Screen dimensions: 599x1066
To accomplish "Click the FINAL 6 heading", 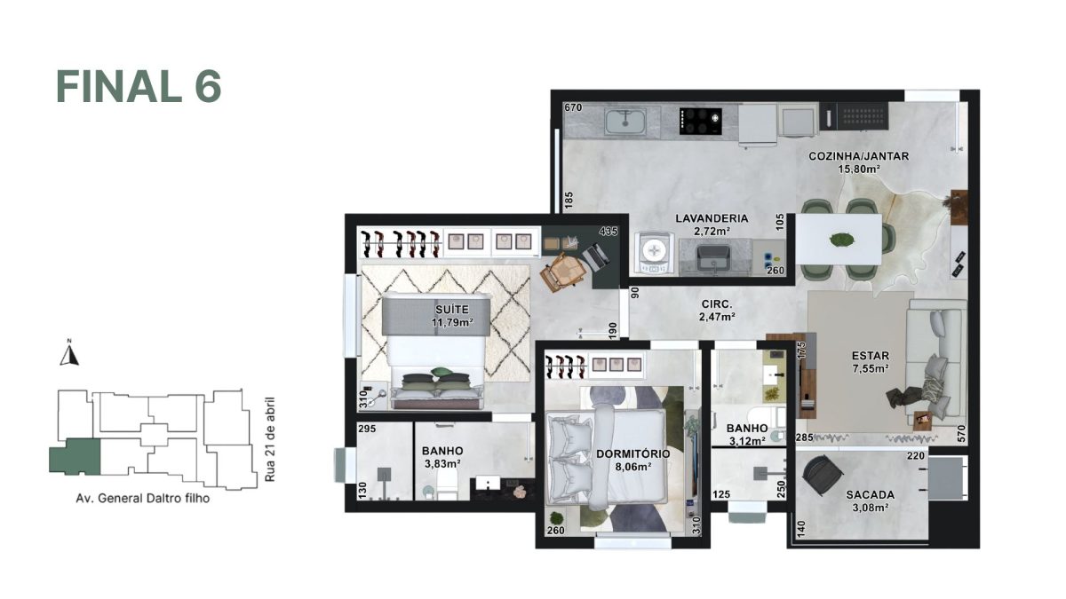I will click(x=139, y=86).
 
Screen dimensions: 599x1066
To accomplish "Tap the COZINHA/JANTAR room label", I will click(x=858, y=156).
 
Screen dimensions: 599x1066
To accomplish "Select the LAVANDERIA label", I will click(x=712, y=218).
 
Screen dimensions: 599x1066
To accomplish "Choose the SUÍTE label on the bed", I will click(x=451, y=310).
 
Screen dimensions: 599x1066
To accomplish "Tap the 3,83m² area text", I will click(x=442, y=463).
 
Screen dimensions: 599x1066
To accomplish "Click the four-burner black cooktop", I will click(x=698, y=121).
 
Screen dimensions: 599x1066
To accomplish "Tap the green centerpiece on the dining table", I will click(x=839, y=239).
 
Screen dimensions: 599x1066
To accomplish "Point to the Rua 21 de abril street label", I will click(x=270, y=440).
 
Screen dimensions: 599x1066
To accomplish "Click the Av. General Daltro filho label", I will click(x=142, y=498).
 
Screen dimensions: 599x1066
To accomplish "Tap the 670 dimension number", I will click(x=573, y=108).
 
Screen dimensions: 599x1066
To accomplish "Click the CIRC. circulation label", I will click(x=715, y=303).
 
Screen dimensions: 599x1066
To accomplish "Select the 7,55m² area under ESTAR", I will click(x=870, y=367).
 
